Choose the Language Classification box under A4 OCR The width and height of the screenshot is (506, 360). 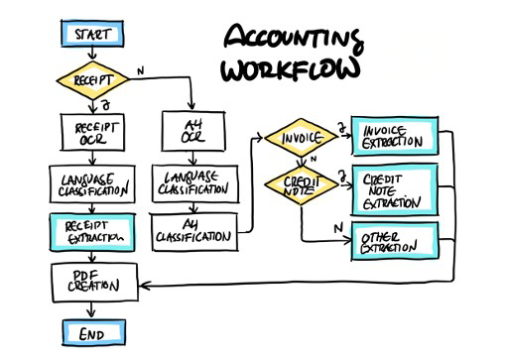193,182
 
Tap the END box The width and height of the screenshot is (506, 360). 90,333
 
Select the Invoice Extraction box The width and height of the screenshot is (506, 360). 395,138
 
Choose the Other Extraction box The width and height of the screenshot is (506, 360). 395,242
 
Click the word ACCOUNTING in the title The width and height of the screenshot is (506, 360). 291,40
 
